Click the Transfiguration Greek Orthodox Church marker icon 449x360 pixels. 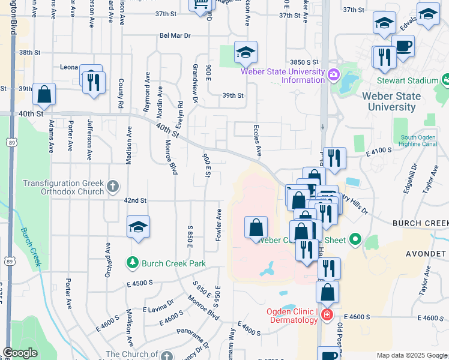click(x=112, y=187)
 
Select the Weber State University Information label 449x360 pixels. click(x=283, y=76)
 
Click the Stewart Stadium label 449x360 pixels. click(x=407, y=81)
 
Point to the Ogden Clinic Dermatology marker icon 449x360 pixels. click(x=327, y=314)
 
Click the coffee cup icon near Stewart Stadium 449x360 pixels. click(x=403, y=46)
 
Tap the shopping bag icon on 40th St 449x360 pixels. click(x=44, y=94)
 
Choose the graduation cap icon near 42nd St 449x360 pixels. click(x=138, y=227)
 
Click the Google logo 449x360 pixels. click(x=20, y=353)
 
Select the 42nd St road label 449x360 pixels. click(x=135, y=200)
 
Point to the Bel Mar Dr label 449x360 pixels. click(x=175, y=35)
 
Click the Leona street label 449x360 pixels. click(x=70, y=68)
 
